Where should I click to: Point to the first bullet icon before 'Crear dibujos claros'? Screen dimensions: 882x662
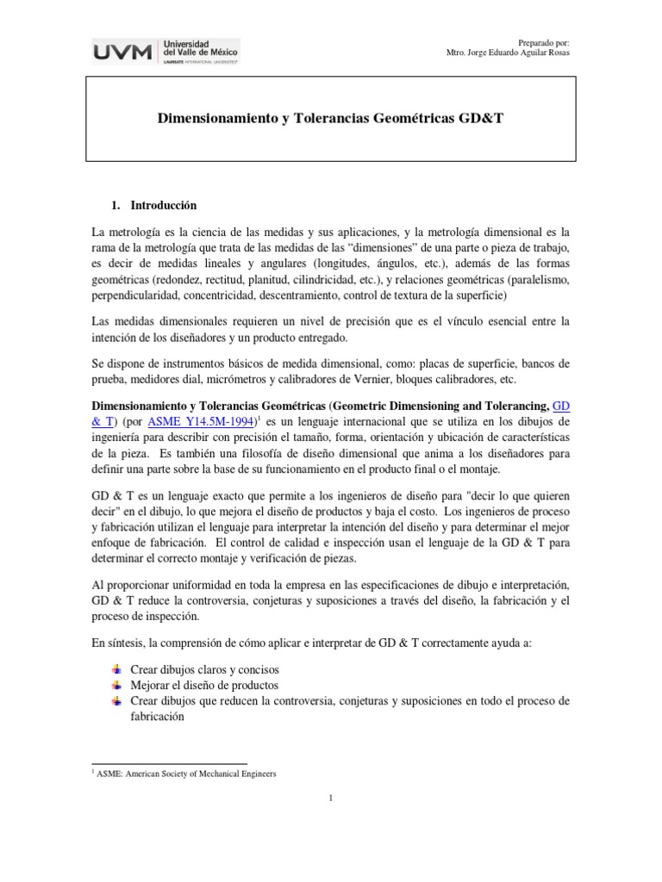(x=117, y=669)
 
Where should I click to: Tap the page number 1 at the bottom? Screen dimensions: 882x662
(x=330, y=798)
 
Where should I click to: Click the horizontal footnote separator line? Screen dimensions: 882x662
(x=169, y=763)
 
